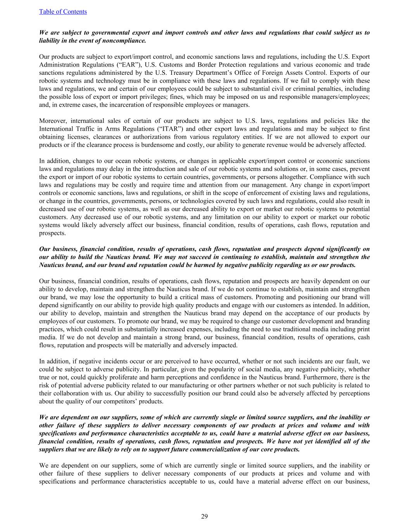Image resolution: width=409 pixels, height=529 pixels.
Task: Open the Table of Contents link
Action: pyautogui.click(x=63, y=12)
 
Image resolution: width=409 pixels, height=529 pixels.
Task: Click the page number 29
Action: pyautogui.click(x=204, y=516)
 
